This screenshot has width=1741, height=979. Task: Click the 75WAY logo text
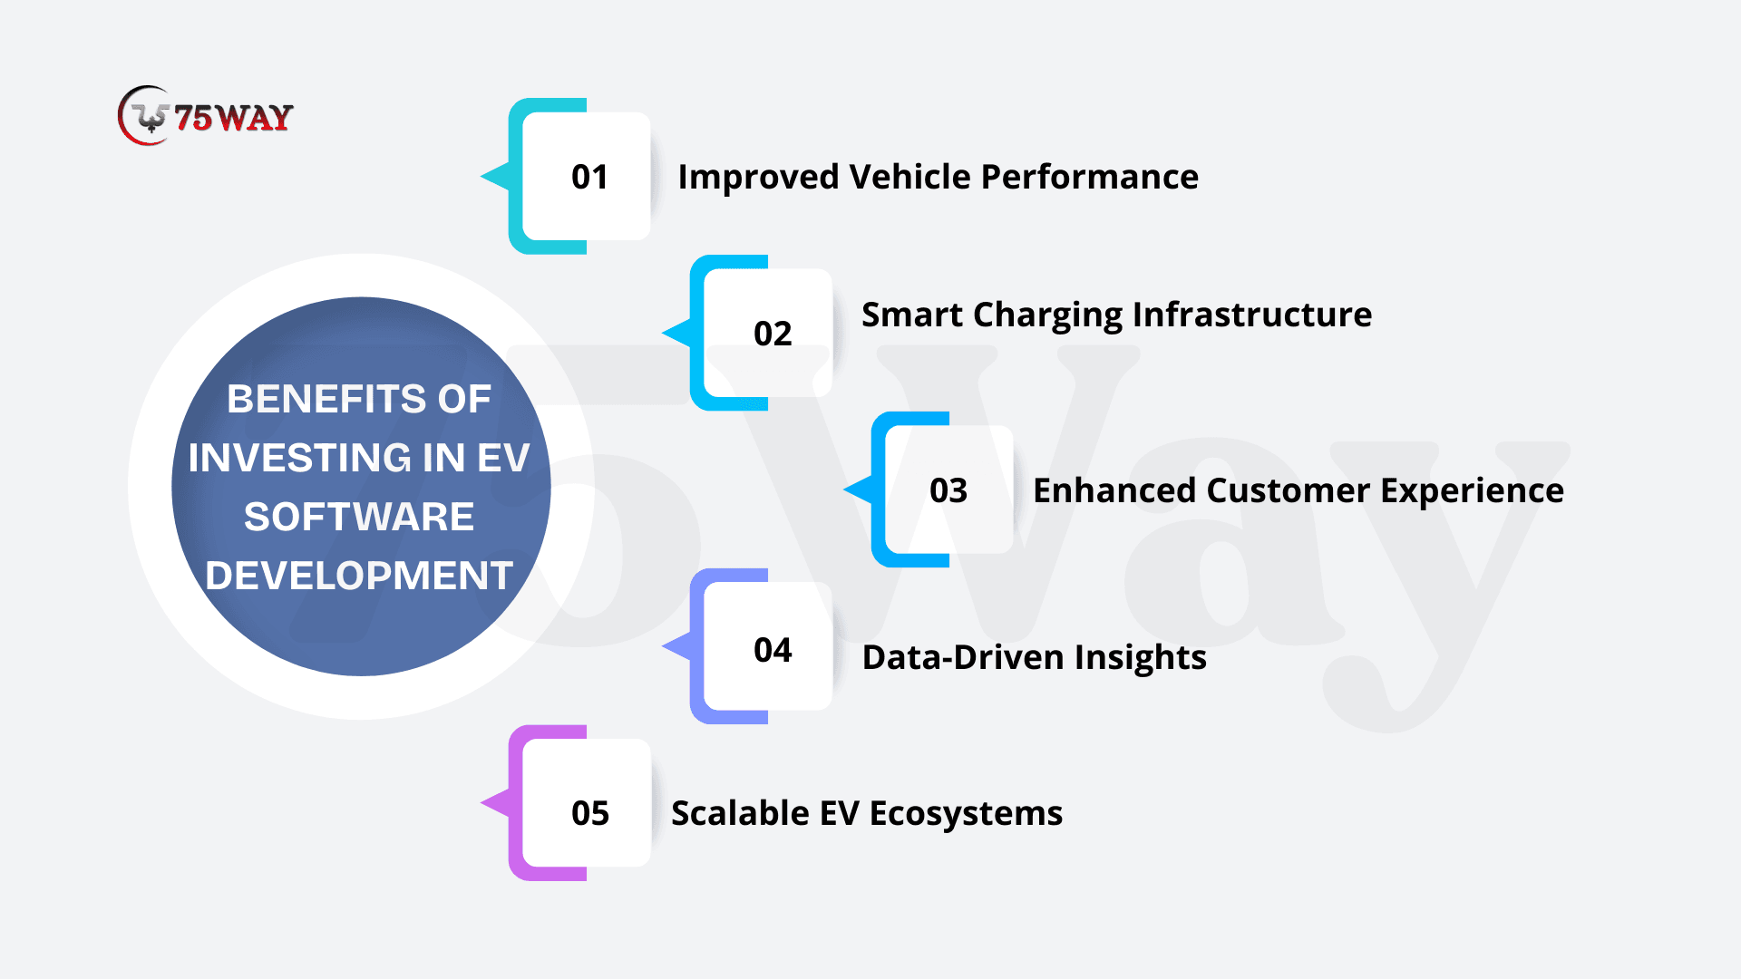pyautogui.click(x=233, y=117)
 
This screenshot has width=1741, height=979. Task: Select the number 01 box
pyautogui.click(x=587, y=176)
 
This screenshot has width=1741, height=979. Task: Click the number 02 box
pyautogui.click(x=768, y=333)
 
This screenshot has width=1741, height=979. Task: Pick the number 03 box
pyautogui.click(x=949, y=489)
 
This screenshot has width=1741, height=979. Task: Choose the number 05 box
pyautogui.click(x=587, y=803)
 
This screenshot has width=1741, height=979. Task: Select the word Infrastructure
pyautogui.click(x=1252, y=315)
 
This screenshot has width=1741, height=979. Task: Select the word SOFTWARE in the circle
pyautogui.click(x=359, y=517)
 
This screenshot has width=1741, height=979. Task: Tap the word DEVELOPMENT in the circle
pyautogui.click(x=359, y=576)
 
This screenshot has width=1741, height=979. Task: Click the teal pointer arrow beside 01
pyautogui.click(x=495, y=176)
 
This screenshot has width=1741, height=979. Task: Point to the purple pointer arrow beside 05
pyautogui.click(x=495, y=803)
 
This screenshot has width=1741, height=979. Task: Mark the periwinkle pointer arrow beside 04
pyautogui.click(x=676, y=646)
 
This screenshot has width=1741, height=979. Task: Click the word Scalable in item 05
pyautogui.click(x=740, y=813)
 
